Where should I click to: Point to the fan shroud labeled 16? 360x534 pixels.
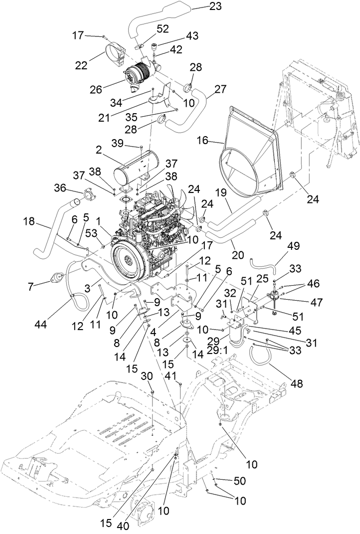point(249,150)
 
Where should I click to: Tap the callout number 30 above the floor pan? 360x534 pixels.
point(147,375)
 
